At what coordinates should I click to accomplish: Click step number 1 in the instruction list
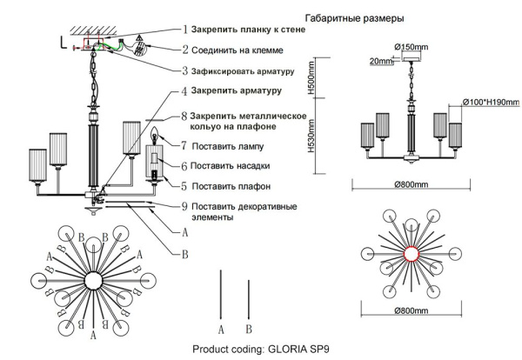coord(184,30)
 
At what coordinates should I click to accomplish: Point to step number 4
coord(184,90)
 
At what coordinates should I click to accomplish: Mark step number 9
coord(184,207)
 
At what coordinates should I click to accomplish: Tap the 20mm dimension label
coord(380,62)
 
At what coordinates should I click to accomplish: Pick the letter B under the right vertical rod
coord(250,329)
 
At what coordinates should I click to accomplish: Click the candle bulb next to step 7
coord(157,136)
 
